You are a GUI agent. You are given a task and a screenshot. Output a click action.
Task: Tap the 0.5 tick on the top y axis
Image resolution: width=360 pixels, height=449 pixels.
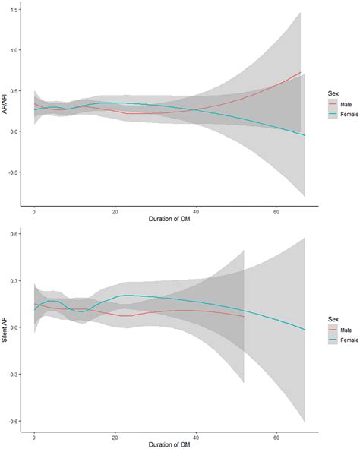(16, 90)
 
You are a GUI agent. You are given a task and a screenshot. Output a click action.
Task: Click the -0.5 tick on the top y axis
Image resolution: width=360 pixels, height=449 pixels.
(14, 172)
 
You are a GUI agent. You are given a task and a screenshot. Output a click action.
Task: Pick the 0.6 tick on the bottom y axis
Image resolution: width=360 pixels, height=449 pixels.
(16, 234)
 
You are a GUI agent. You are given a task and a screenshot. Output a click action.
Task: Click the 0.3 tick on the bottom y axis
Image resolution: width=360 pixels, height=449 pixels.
(16, 280)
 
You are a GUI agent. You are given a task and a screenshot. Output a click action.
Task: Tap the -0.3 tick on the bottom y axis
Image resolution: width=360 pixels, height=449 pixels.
(14, 374)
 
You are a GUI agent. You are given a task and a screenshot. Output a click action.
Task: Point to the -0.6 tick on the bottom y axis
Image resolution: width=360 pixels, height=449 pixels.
(14, 421)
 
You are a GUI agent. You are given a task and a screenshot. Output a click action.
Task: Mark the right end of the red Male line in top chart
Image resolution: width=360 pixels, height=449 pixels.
(300, 72)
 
